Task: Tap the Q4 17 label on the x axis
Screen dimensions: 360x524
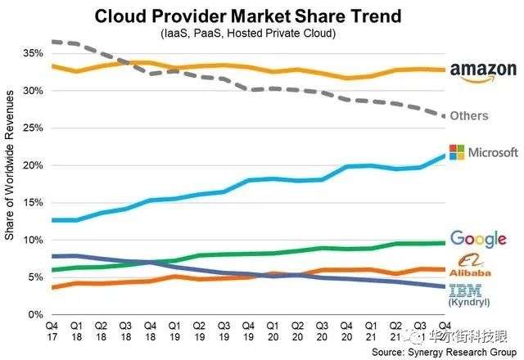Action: point(52,331)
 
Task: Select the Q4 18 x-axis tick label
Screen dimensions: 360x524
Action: point(151,331)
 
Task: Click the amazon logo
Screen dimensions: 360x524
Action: point(484,72)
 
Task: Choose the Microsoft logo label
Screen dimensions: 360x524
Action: point(482,152)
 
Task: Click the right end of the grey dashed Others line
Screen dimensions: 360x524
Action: point(444,116)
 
